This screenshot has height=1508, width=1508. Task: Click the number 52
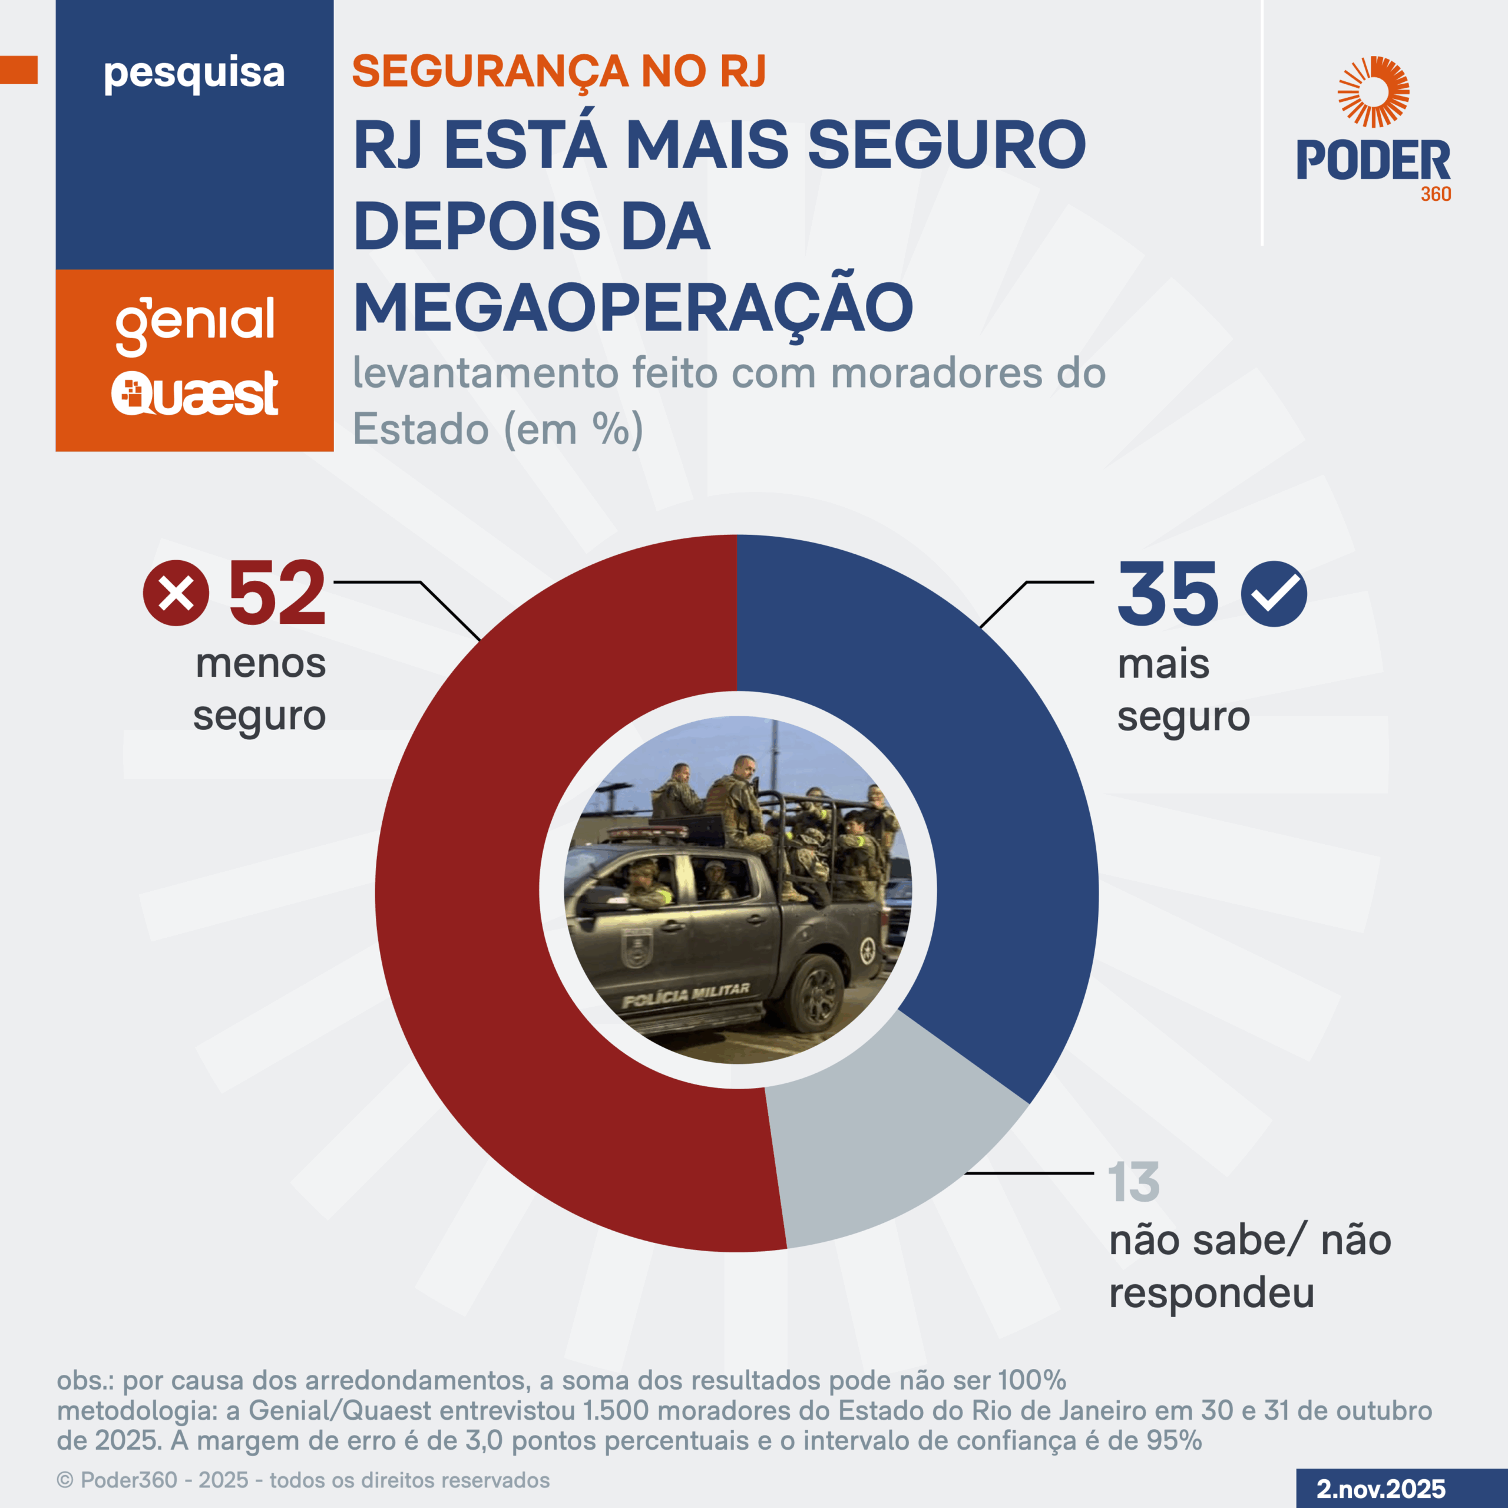(x=276, y=595)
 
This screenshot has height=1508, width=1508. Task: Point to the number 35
(x=1167, y=595)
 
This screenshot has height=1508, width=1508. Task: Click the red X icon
(x=176, y=593)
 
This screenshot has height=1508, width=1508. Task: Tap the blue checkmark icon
(x=1274, y=593)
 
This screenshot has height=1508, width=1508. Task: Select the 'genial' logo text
(x=195, y=322)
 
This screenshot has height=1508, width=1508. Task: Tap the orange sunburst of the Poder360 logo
(x=1373, y=91)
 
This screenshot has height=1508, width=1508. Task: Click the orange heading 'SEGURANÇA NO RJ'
(x=559, y=72)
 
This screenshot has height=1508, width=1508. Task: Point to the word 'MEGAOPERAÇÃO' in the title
(x=633, y=307)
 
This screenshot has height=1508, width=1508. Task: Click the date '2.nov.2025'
(x=1381, y=1489)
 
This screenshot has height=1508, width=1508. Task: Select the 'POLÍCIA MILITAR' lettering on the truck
(x=685, y=995)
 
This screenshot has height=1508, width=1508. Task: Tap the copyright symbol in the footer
(x=65, y=1480)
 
